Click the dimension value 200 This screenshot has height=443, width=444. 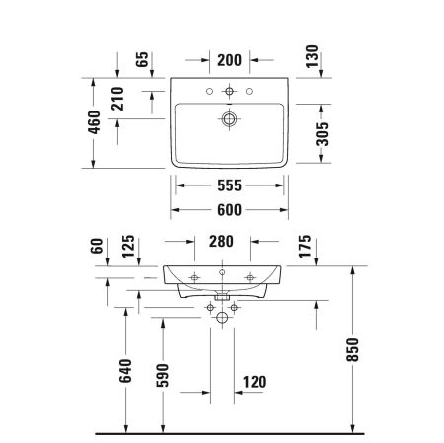tap(229, 60)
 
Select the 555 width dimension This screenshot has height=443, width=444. tap(229, 184)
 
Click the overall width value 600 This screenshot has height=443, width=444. tap(229, 209)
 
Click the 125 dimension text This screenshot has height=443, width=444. tap(125, 246)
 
